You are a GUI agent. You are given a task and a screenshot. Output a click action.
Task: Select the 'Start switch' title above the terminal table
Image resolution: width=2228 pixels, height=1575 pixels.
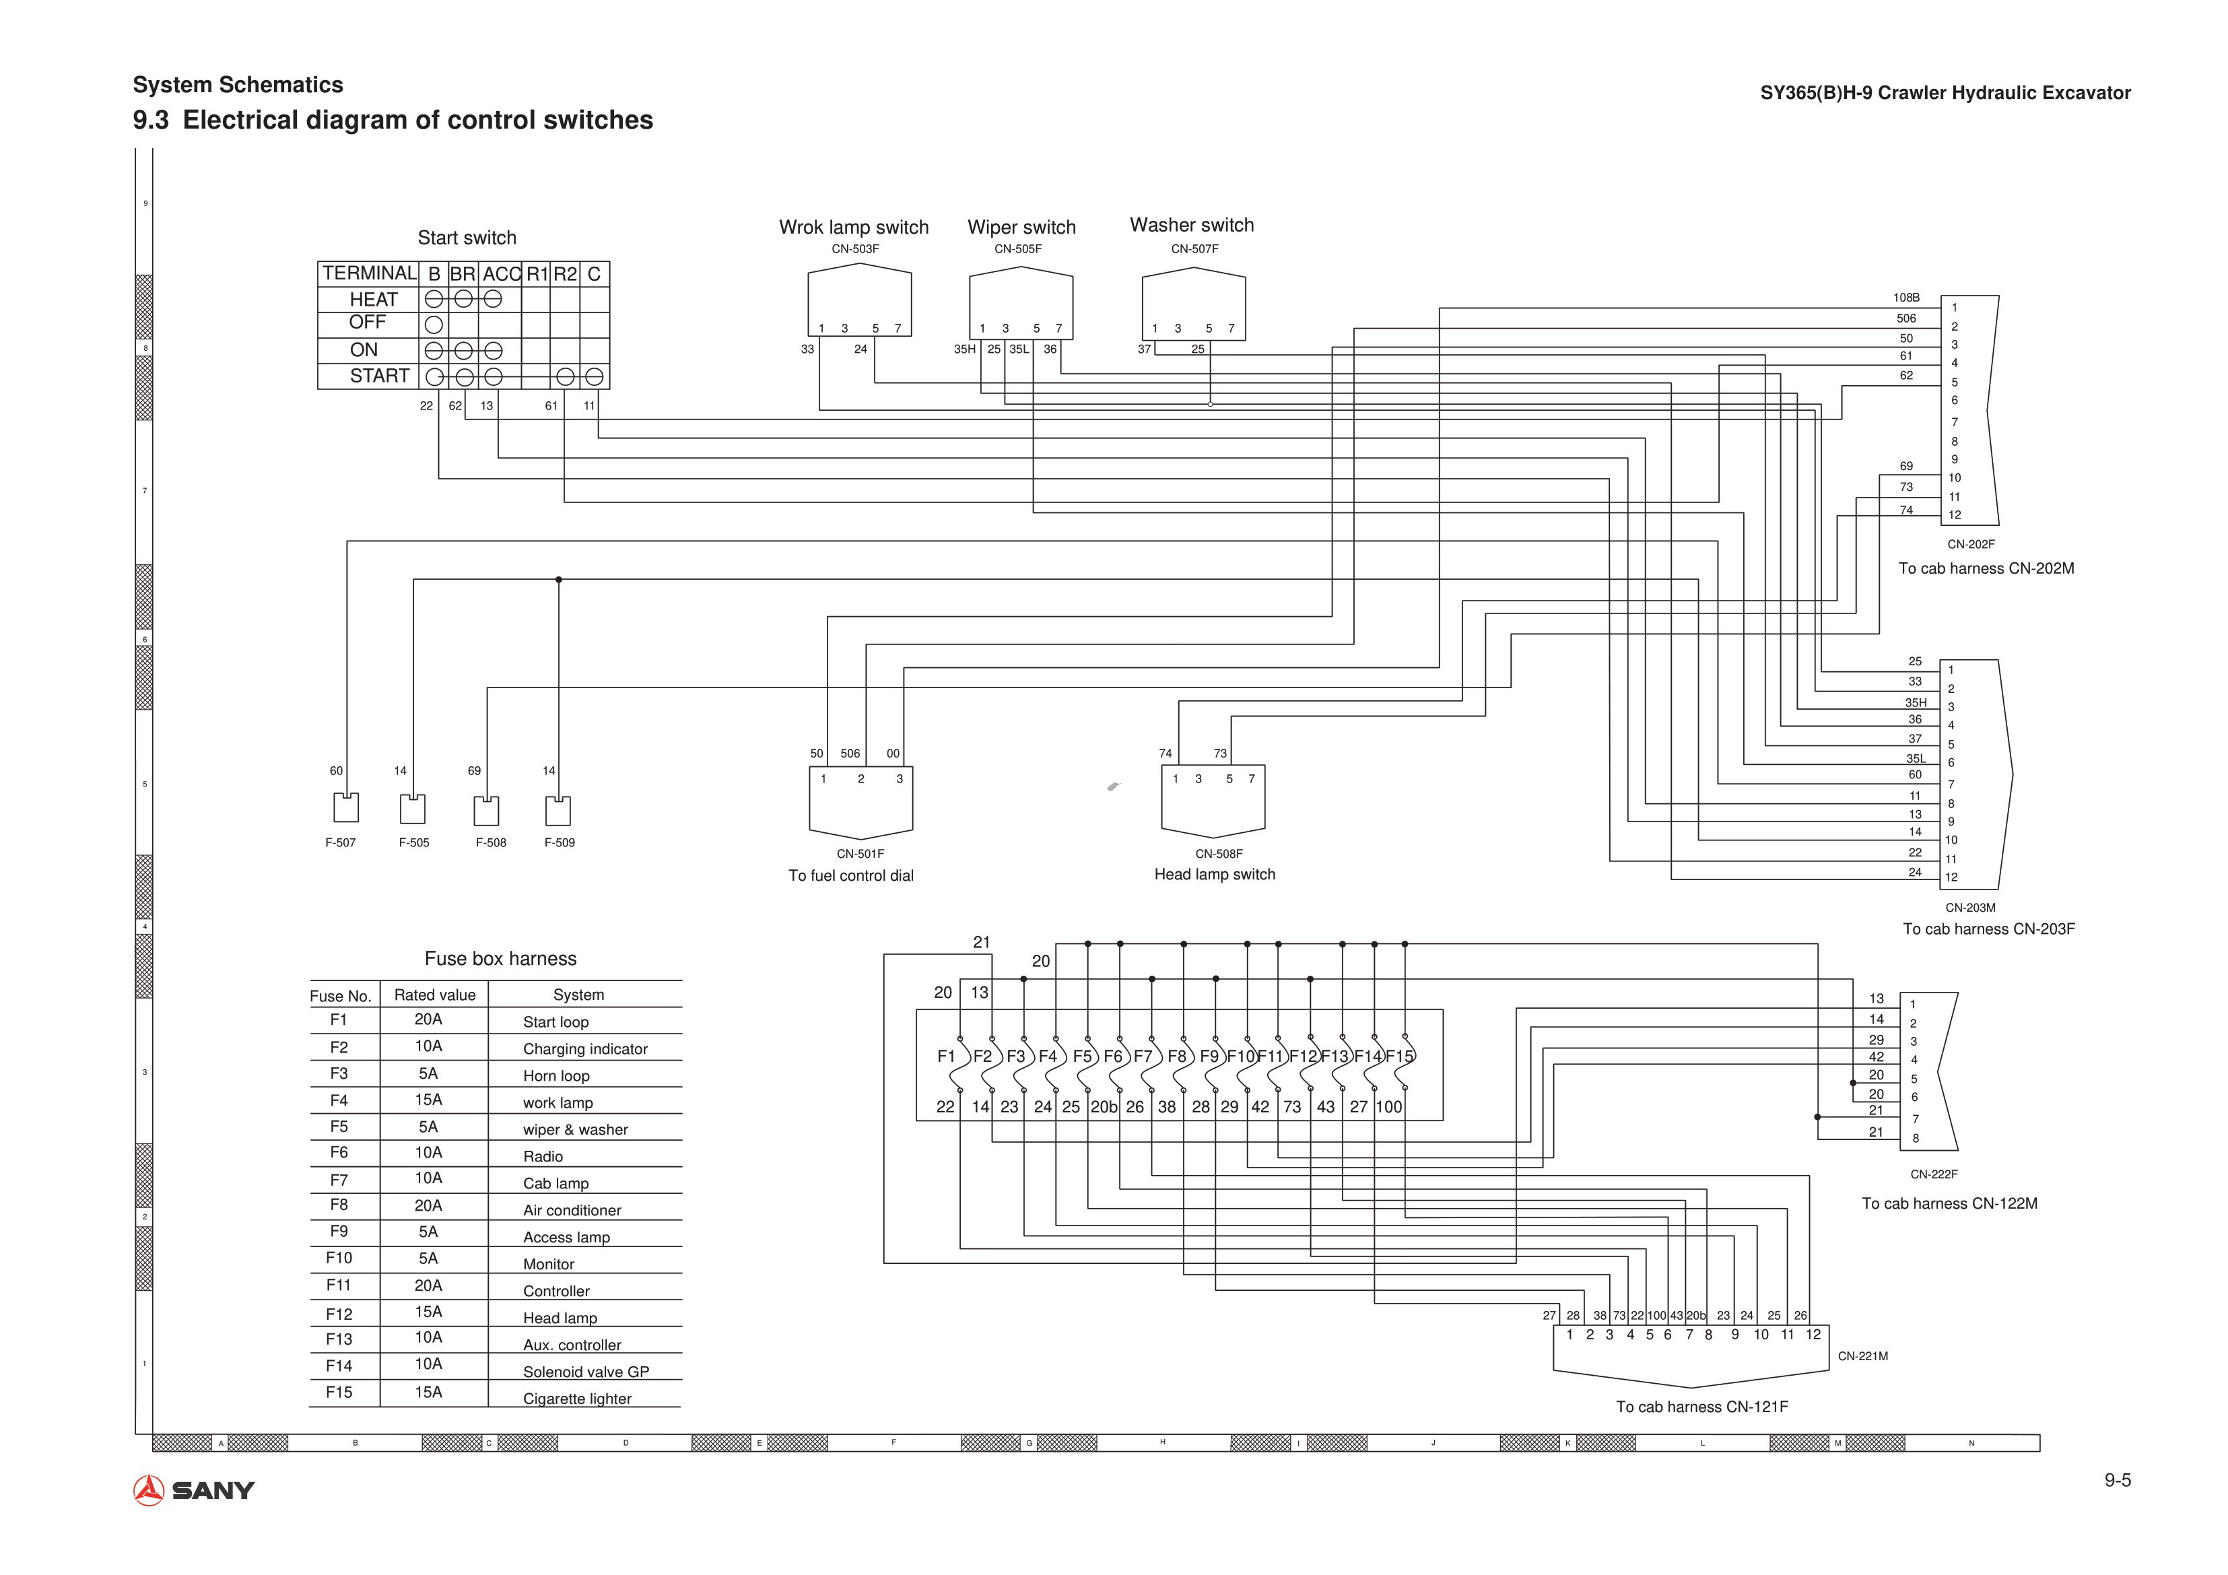pos(467,238)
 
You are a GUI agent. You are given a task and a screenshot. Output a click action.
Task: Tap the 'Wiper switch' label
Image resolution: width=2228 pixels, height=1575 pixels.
pos(1022,227)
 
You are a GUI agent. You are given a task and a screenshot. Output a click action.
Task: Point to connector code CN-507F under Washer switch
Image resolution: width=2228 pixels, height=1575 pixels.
pos(1194,249)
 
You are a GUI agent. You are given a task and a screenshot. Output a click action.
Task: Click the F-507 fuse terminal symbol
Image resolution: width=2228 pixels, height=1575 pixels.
pos(345,807)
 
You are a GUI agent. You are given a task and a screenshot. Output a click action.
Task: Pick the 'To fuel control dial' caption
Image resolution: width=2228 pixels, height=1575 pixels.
pos(851,875)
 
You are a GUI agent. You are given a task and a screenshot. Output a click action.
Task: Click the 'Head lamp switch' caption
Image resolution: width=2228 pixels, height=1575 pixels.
pos(1215,874)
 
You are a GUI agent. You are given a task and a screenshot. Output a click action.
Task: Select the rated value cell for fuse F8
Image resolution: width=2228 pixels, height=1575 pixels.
pos(428,1205)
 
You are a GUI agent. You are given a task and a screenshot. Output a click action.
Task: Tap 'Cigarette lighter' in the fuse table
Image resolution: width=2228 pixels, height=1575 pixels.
pos(578,1399)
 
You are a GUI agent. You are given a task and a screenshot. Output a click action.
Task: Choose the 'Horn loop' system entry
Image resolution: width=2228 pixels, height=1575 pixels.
pos(556,1075)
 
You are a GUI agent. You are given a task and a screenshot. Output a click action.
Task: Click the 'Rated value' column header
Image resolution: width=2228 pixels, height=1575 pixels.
pos(435,995)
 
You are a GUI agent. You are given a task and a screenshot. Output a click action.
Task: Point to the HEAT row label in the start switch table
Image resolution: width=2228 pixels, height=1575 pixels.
pos(374,299)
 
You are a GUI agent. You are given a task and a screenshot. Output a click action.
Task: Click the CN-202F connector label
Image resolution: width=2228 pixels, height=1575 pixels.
pos(1971,544)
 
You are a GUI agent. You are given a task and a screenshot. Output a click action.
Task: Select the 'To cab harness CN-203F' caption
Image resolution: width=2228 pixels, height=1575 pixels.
pos(1988,929)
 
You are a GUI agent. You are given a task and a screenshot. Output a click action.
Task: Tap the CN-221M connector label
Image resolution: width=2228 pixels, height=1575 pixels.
pos(1863,1355)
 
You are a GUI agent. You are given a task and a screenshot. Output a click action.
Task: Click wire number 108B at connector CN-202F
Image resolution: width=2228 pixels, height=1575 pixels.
pos(1907,298)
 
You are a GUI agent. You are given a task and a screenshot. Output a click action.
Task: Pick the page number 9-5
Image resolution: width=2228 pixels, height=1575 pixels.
pos(2118,1480)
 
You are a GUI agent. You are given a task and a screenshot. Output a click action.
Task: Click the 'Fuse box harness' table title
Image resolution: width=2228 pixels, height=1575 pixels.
pos(501,959)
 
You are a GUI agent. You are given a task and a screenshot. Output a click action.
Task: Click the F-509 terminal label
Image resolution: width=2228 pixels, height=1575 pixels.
pos(560,842)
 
